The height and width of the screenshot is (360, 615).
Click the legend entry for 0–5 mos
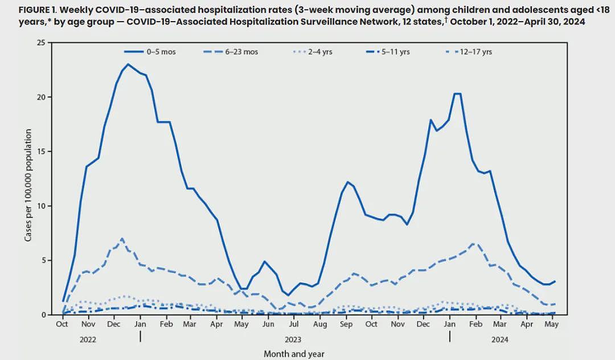pos(150,52)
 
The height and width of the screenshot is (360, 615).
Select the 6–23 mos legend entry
pos(231,52)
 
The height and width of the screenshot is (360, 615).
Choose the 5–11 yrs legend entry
pos(387,52)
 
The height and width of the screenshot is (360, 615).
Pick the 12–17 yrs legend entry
pos(469,52)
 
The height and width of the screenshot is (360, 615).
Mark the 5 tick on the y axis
pos(44,260)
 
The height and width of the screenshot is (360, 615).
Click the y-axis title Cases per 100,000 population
pos(28,186)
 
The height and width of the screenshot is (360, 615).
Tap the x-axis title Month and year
pos(294,354)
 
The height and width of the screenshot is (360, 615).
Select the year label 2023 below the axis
pos(293,339)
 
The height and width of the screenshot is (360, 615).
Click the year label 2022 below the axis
pos(88,339)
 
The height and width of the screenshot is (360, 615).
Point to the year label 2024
pos(500,339)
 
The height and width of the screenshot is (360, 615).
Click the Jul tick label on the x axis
pos(294,324)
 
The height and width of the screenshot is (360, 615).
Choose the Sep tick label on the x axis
pos(346,324)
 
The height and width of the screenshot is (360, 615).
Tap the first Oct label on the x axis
pos(62,324)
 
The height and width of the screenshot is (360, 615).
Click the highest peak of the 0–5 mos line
pos(128,64)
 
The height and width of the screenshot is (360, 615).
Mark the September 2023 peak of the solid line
pos(347,182)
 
